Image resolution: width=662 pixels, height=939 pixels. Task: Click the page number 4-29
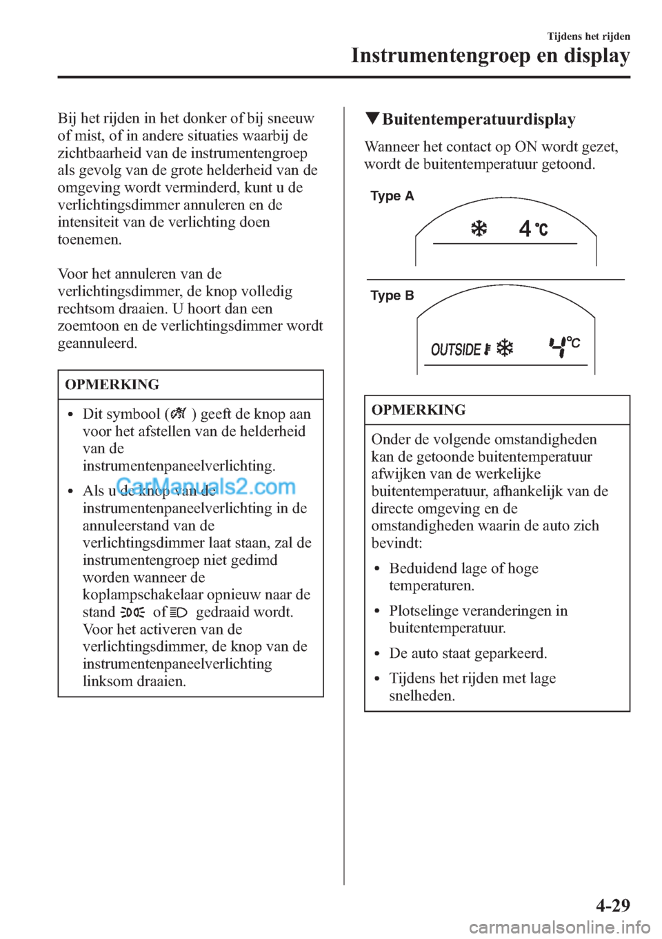(612, 905)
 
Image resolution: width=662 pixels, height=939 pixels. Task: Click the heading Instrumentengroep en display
(490, 56)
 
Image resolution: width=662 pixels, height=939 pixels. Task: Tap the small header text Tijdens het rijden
(588, 37)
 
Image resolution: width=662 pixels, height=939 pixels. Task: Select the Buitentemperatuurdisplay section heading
(479, 120)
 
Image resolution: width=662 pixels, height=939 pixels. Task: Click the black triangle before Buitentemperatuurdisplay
(372, 118)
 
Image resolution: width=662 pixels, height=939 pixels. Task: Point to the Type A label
(392, 196)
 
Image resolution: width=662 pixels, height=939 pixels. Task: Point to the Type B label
(392, 296)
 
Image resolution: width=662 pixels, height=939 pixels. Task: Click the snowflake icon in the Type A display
(479, 229)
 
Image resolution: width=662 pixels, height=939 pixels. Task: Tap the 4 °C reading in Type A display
(533, 229)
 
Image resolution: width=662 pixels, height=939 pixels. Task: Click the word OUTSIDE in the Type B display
(456, 350)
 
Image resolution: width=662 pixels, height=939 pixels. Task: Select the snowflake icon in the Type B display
(505, 348)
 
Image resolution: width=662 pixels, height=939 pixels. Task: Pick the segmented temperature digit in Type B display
(557, 347)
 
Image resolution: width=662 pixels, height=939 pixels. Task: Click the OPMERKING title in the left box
(112, 384)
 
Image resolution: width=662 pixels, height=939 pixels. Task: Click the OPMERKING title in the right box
(419, 410)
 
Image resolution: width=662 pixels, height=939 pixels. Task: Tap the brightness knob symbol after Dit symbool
(178, 414)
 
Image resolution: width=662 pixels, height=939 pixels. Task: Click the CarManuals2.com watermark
(205, 487)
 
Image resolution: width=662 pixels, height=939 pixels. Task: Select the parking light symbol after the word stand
(132, 612)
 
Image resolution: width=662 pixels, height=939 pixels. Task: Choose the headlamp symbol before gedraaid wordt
(179, 612)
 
